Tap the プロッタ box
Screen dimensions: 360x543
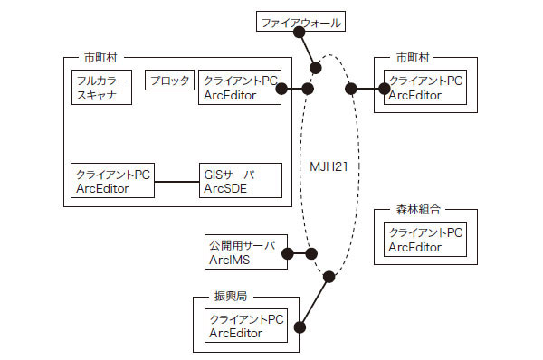169,81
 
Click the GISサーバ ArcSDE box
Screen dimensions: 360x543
236,181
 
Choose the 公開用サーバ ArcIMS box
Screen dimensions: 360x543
246,252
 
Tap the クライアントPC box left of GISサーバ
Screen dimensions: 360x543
112,181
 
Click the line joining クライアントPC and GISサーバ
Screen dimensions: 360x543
177,182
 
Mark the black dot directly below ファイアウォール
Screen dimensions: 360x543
316,68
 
